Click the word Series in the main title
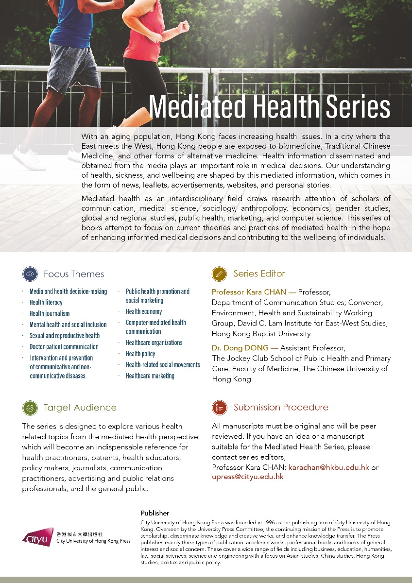(x=354, y=106)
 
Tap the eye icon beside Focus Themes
(x=30, y=274)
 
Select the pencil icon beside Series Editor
(x=220, y=274)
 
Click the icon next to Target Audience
(x=30, y=407)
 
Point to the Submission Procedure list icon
(x=220, y=407)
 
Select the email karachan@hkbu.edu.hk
(x=329, y=467)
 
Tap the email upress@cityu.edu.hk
(x=247, y=477)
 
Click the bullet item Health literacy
(x=46, y=302)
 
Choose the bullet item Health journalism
(x=50, y=313)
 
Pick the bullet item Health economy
(x=144, y=311)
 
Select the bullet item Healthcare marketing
(x=150, y=376)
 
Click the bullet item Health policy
(x=140, y=354)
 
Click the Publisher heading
(x=154, y=513)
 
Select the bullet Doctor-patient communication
(x=64, y=347)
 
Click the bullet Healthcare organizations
(x=154, y=343)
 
